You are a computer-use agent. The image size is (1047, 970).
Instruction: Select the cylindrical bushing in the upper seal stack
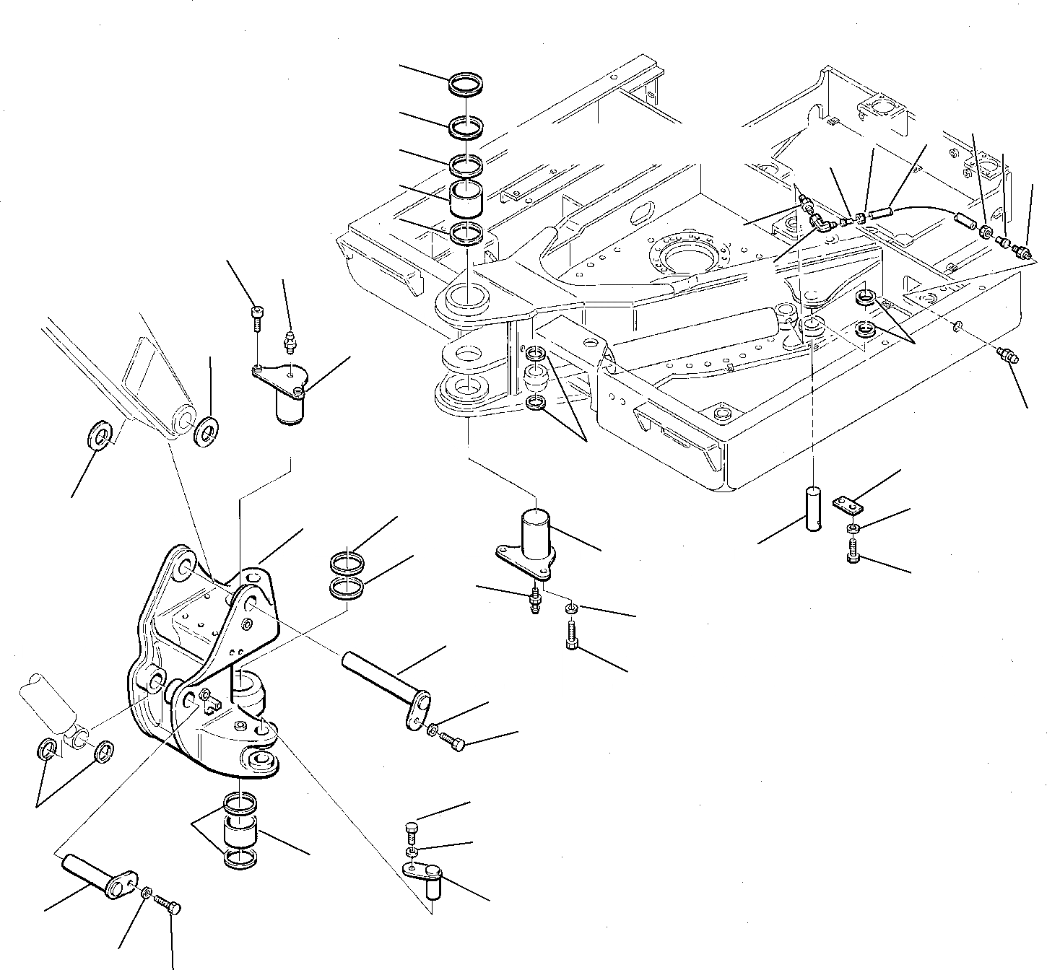[x=466, y=198]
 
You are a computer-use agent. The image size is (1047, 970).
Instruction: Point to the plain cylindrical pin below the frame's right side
[x=814, y=510]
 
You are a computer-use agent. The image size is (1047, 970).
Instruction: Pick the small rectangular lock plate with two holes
[x=845, y=503]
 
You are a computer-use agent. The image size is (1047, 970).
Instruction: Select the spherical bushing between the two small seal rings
[x=535, y=377]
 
